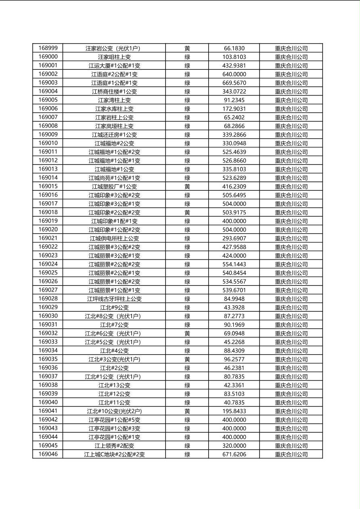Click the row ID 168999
tap(48, 48)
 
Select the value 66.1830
tap(234, 48)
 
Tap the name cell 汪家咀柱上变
tap(114, 57)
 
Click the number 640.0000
tap(234, 74)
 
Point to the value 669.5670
tap(234, 83)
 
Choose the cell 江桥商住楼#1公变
tap(114, 92)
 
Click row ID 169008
tap(48, 126)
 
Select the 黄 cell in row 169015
tap(187, 186)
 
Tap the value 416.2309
tap(234, 186)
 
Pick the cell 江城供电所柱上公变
tap(114, 238)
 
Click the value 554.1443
tap(234, 264)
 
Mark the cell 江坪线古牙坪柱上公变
tap(114, 299)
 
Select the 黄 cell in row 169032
tap(187, 334)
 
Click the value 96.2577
tap(234, 359)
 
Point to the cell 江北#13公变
tap(114, 385)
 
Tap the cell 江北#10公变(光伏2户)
tap(114, 411)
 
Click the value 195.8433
tap(234, 411)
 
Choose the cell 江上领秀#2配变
tap(114, 446)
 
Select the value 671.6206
tap(234, 455)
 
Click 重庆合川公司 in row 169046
tap(291, 455)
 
